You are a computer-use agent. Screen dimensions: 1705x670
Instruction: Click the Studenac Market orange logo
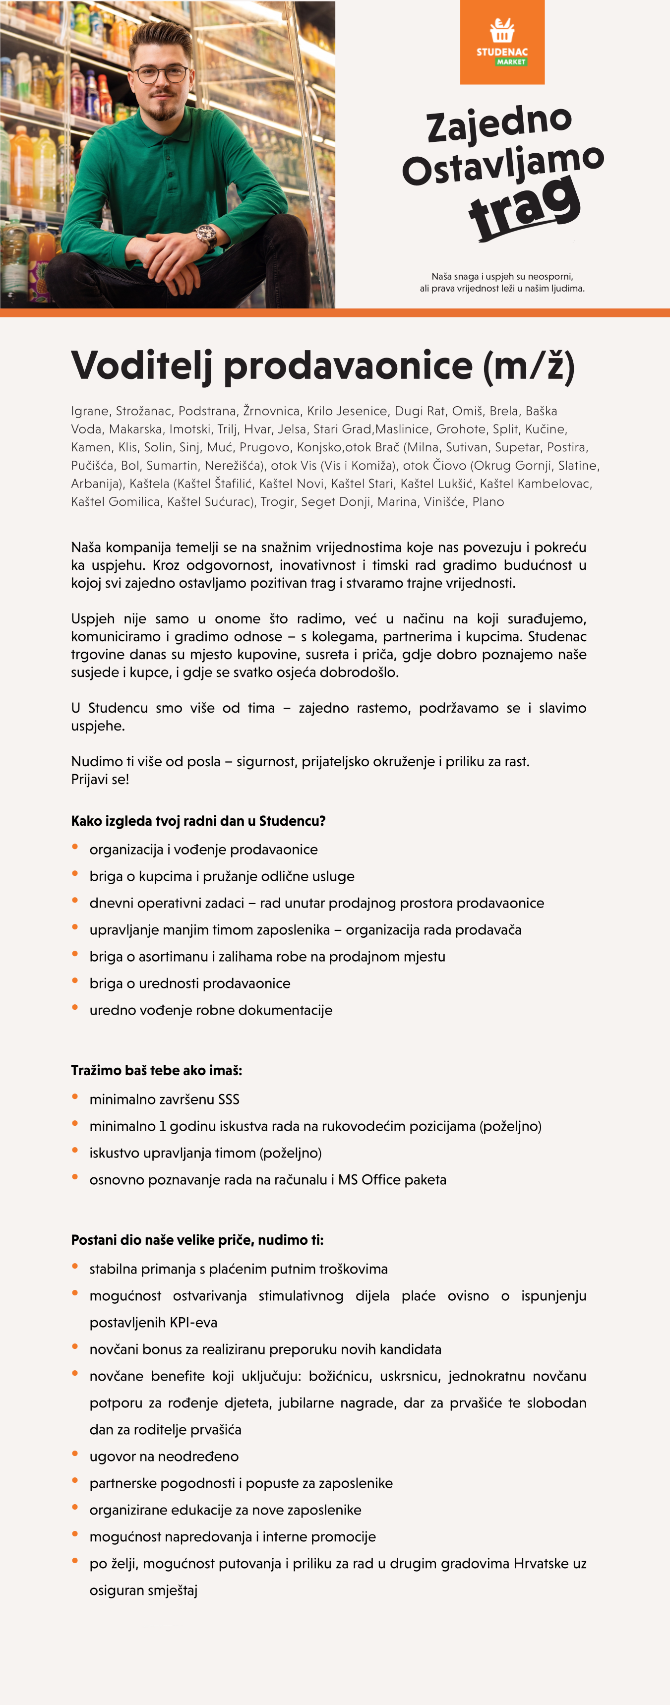[x=502, y=42]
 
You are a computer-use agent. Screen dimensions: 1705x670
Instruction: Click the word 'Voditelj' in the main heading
[x=141, y=365]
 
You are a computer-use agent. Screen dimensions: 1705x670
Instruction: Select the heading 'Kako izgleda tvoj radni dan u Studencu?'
[x=198, y=821]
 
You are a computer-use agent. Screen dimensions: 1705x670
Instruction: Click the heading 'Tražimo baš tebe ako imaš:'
[x=156, y=1070]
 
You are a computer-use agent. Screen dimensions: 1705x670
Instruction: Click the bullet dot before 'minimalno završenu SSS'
[x=75, y=1096]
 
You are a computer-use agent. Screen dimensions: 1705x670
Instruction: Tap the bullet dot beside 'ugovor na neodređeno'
[x=75, y=1454]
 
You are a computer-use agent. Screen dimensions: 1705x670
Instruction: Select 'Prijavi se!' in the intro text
[x=100, y=779]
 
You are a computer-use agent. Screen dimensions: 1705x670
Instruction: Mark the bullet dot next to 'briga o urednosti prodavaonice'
[x=75, y=981]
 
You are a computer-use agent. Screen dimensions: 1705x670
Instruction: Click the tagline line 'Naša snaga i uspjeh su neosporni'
[x=502, y=276]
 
